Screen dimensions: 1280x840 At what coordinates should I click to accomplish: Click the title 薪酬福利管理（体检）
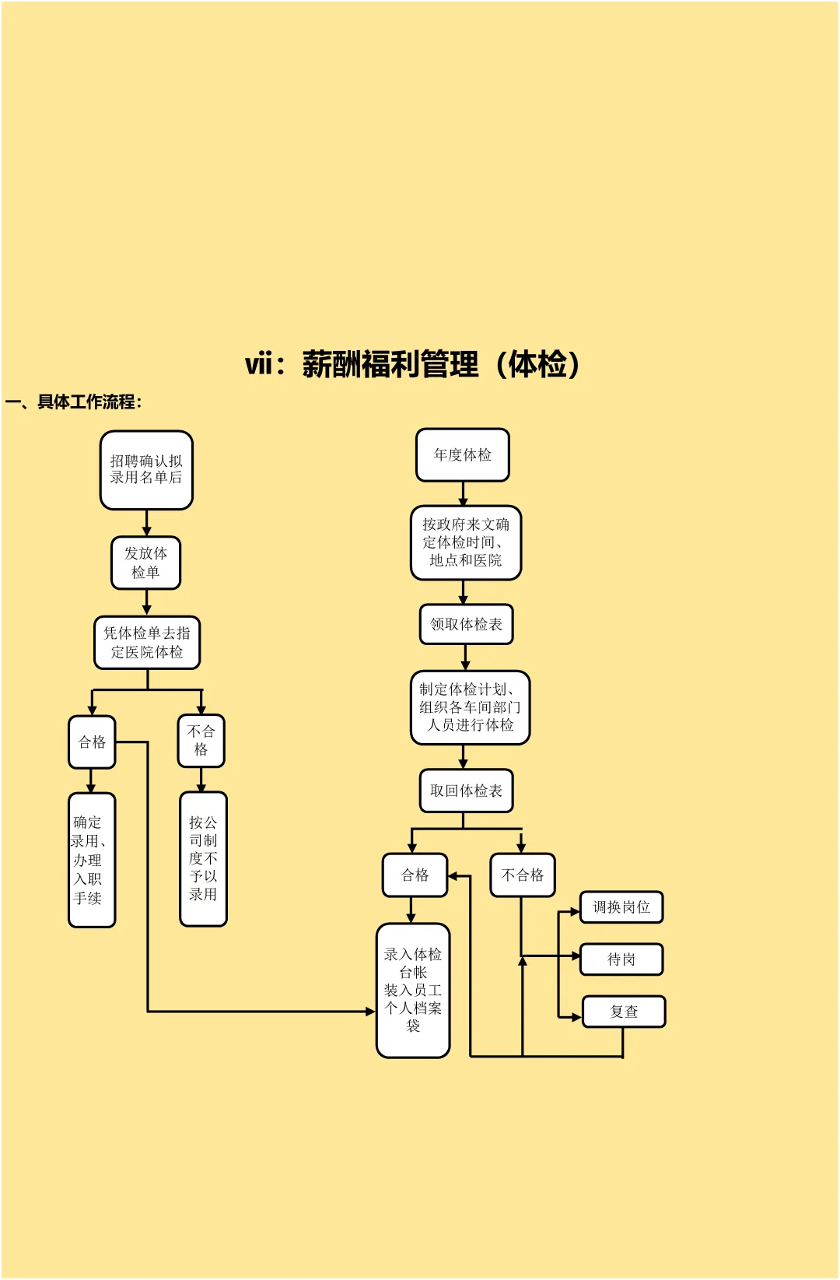coord(413,364)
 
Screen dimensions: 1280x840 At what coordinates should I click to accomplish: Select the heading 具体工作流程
coord(74,402)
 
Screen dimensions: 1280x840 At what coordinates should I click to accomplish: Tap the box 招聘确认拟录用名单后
coord(146,470)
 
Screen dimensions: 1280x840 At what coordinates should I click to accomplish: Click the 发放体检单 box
coord(145,563)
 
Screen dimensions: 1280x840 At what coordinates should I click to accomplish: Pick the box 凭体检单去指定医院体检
coord(147,643)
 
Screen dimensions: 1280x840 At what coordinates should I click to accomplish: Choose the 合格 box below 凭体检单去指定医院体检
coord(92,742)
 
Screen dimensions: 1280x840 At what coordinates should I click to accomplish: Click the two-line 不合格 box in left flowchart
coord(201,741)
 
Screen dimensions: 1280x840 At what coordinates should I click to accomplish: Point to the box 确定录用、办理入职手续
coord(92,860)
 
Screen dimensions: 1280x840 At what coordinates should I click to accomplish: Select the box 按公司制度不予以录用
coord(203,859)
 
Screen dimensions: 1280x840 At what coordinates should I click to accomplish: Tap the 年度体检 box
coord(463,455)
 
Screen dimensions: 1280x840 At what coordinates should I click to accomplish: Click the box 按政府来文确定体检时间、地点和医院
coord(466,542)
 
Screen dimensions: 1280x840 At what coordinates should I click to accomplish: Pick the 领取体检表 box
coord(466,624)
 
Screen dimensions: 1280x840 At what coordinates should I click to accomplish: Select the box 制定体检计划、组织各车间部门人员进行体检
coord(470,707)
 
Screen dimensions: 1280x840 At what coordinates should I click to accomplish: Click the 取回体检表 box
coord(466,791)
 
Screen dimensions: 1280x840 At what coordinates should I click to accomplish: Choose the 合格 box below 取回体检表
coord(415,875)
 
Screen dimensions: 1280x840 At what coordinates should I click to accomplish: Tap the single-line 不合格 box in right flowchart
coord(523,875)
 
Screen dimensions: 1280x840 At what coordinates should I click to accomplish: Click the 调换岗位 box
coord(621,907)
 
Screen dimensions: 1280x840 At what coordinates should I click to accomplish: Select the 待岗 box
coord(621,959)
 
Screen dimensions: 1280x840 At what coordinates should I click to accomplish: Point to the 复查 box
coord(624,1012)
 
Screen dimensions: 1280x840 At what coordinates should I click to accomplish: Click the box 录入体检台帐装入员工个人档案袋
coord(413,990)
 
